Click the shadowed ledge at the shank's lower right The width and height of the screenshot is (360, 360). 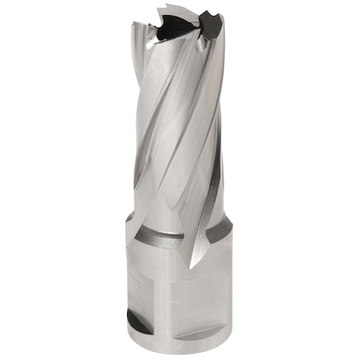(x=212, y=330)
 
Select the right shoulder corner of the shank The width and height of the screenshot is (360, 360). (x=231, y=218)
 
